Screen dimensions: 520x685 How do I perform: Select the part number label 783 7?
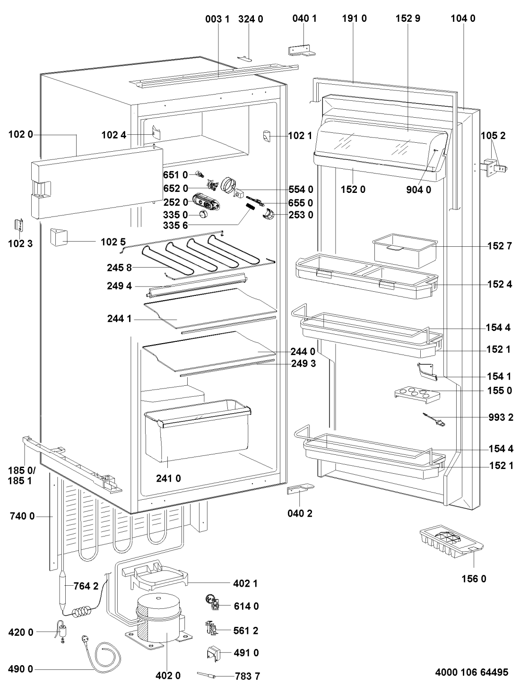(x=247, y=676)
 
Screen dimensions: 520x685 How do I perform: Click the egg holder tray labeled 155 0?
(x=417, y=395)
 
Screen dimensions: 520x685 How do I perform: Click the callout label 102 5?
(x=113, y=242)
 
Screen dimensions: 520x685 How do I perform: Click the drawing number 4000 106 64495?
(x=471, y=672)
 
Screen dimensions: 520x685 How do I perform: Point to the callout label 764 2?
(x=86, y=586)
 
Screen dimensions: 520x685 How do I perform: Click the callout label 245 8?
(x=119, y=268)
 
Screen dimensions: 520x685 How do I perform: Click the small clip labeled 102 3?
(x=19, y=225)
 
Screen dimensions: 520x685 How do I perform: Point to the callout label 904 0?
(x=419, y=190)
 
